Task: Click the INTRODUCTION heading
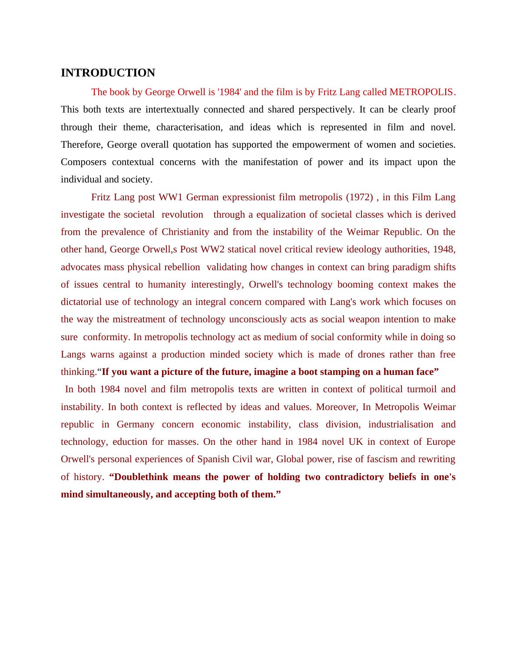pos(108,73)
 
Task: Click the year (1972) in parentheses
pos(359,197)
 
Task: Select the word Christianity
pos(185,232)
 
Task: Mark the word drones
pos(371,354)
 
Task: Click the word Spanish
pos(213,459)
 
